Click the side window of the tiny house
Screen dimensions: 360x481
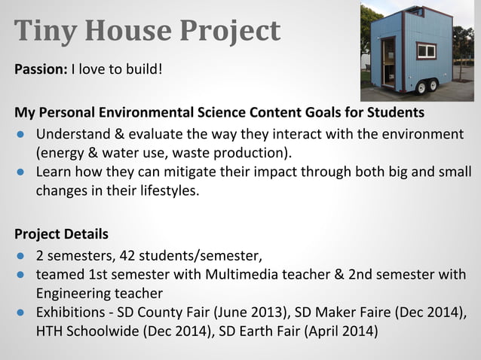tap(426, 51)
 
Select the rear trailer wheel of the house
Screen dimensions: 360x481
tap(434, 87)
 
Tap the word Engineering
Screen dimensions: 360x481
tap(72, 292)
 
